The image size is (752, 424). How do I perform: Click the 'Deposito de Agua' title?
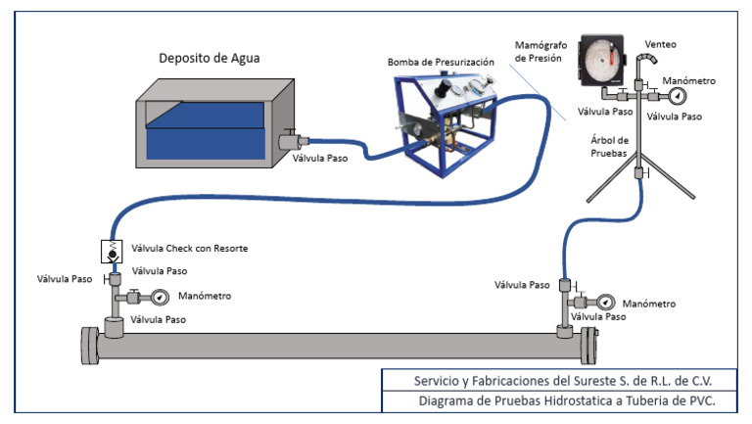(210, 58)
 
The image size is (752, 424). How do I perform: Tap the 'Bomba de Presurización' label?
(441, 62)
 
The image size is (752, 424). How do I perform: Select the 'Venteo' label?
(660, 44)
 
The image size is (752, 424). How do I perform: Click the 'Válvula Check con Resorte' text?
(189, 248)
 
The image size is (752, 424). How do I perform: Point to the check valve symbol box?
(112, 252)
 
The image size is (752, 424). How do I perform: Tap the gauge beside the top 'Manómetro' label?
(678, 96)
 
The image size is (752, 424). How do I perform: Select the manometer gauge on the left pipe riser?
(160, 298)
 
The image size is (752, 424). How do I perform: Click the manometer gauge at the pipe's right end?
(606, 303)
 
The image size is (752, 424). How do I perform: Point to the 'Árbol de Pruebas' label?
(609, 146)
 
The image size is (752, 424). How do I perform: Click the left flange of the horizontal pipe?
(90, 346)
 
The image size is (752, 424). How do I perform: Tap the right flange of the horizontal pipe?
(589, 346)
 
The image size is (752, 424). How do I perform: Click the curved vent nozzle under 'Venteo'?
(646, 60)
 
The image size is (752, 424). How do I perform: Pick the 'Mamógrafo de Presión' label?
(540, 51)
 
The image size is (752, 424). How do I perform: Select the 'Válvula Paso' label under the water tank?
(320, 158)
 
